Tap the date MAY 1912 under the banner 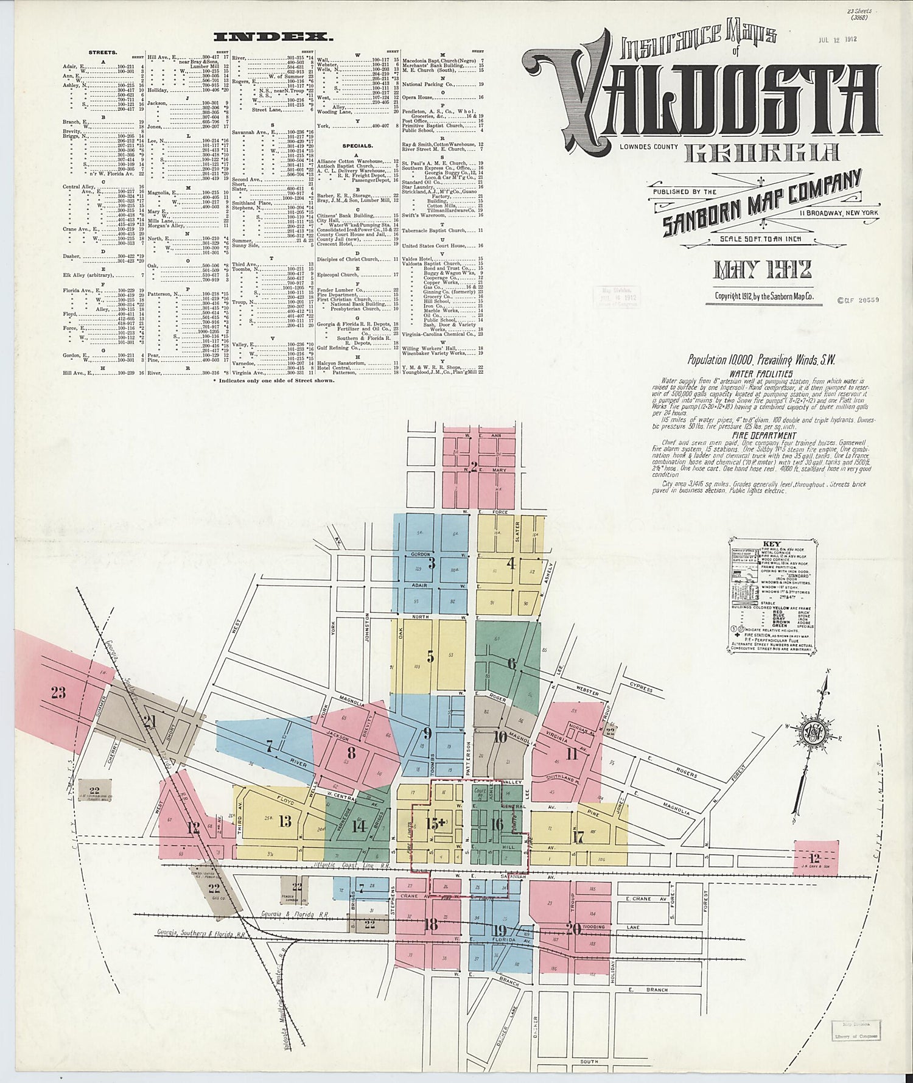coord(763,270)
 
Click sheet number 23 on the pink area coord(58,692)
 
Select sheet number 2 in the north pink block coord(474,467)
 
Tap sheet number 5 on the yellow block coord(430,656)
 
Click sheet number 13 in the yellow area coord(285,821)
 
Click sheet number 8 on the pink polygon coord(351,752)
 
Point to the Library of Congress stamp coord(852,1035)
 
